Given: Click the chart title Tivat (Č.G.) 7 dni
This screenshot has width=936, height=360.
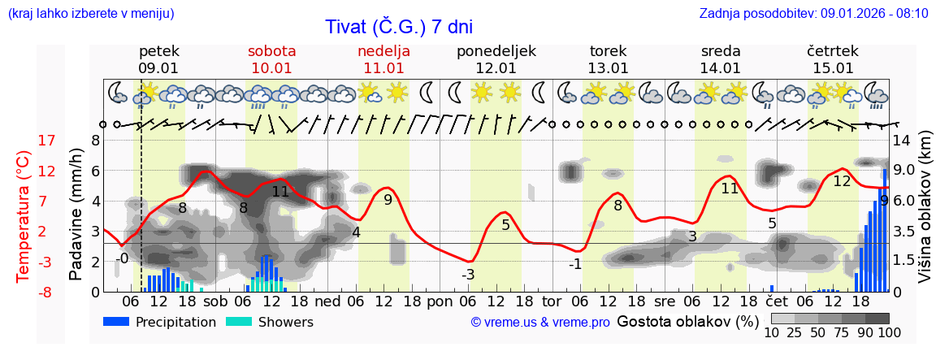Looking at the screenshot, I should [398, 27].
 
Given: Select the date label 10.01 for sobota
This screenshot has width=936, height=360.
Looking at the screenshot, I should [271, 68].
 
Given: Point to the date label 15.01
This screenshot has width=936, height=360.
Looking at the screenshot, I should [833, 68].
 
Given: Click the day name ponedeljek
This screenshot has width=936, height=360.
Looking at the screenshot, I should [496, 51].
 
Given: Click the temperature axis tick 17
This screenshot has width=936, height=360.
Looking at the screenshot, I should [24, 141].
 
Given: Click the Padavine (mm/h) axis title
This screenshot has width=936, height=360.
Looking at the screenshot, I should [76, 215].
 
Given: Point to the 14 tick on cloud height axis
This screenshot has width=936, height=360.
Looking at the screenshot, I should [902, 141].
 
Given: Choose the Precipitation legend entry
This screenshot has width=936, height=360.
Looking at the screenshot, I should [159, 322].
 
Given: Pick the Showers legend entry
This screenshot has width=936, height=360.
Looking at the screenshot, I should [269, 322].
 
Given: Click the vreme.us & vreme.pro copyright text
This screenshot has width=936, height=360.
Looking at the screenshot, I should [539, 323].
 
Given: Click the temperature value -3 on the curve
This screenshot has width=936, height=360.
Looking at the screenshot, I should [468, 275].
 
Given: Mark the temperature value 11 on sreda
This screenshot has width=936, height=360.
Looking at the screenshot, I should [730, 188].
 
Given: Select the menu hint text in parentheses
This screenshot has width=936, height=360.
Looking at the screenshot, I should [90, 14].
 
